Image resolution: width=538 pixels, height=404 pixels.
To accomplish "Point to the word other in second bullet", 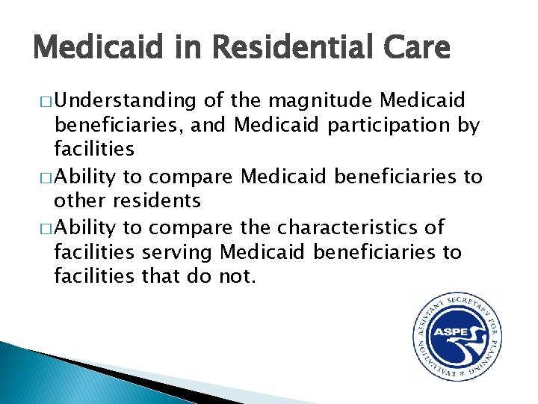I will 79,201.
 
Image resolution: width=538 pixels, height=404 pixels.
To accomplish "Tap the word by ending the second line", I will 468,125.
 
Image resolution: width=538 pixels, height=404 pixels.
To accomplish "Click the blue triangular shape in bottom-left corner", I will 45,378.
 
